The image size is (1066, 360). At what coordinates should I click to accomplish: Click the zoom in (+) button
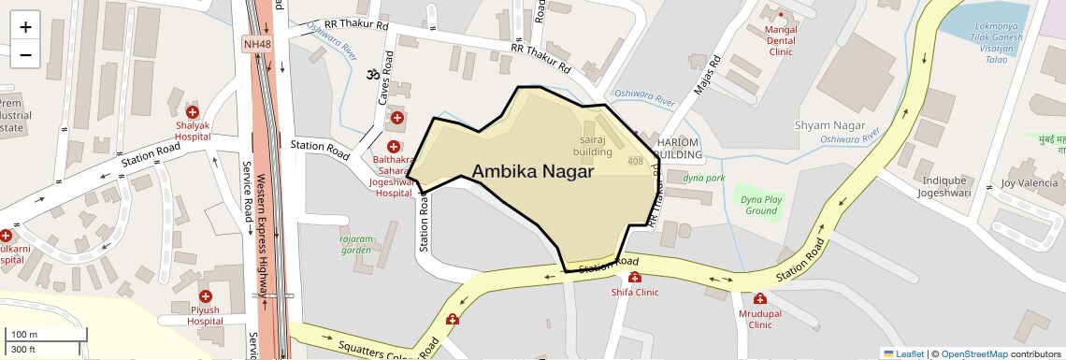(x=25, y=26)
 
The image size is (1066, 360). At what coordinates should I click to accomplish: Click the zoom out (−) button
(x=25, y=54)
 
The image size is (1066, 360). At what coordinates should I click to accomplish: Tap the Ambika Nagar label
(x=533, y=171)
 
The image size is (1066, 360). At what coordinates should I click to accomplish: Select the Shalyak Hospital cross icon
(x=192, y=111)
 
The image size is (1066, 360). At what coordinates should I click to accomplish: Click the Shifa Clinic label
(x=635, y=292)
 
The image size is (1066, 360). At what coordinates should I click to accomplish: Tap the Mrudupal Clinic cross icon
(x=760, y=299)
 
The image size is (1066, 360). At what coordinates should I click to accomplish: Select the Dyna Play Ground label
(x=760, y=205)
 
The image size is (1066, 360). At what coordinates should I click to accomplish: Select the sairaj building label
(x=593, y=145)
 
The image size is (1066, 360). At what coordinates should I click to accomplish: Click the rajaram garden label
(x=355, y=244)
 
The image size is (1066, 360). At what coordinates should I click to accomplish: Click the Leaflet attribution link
(x=904, y=353)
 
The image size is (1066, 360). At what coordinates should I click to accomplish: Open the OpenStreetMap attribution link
(x=974, y=353)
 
